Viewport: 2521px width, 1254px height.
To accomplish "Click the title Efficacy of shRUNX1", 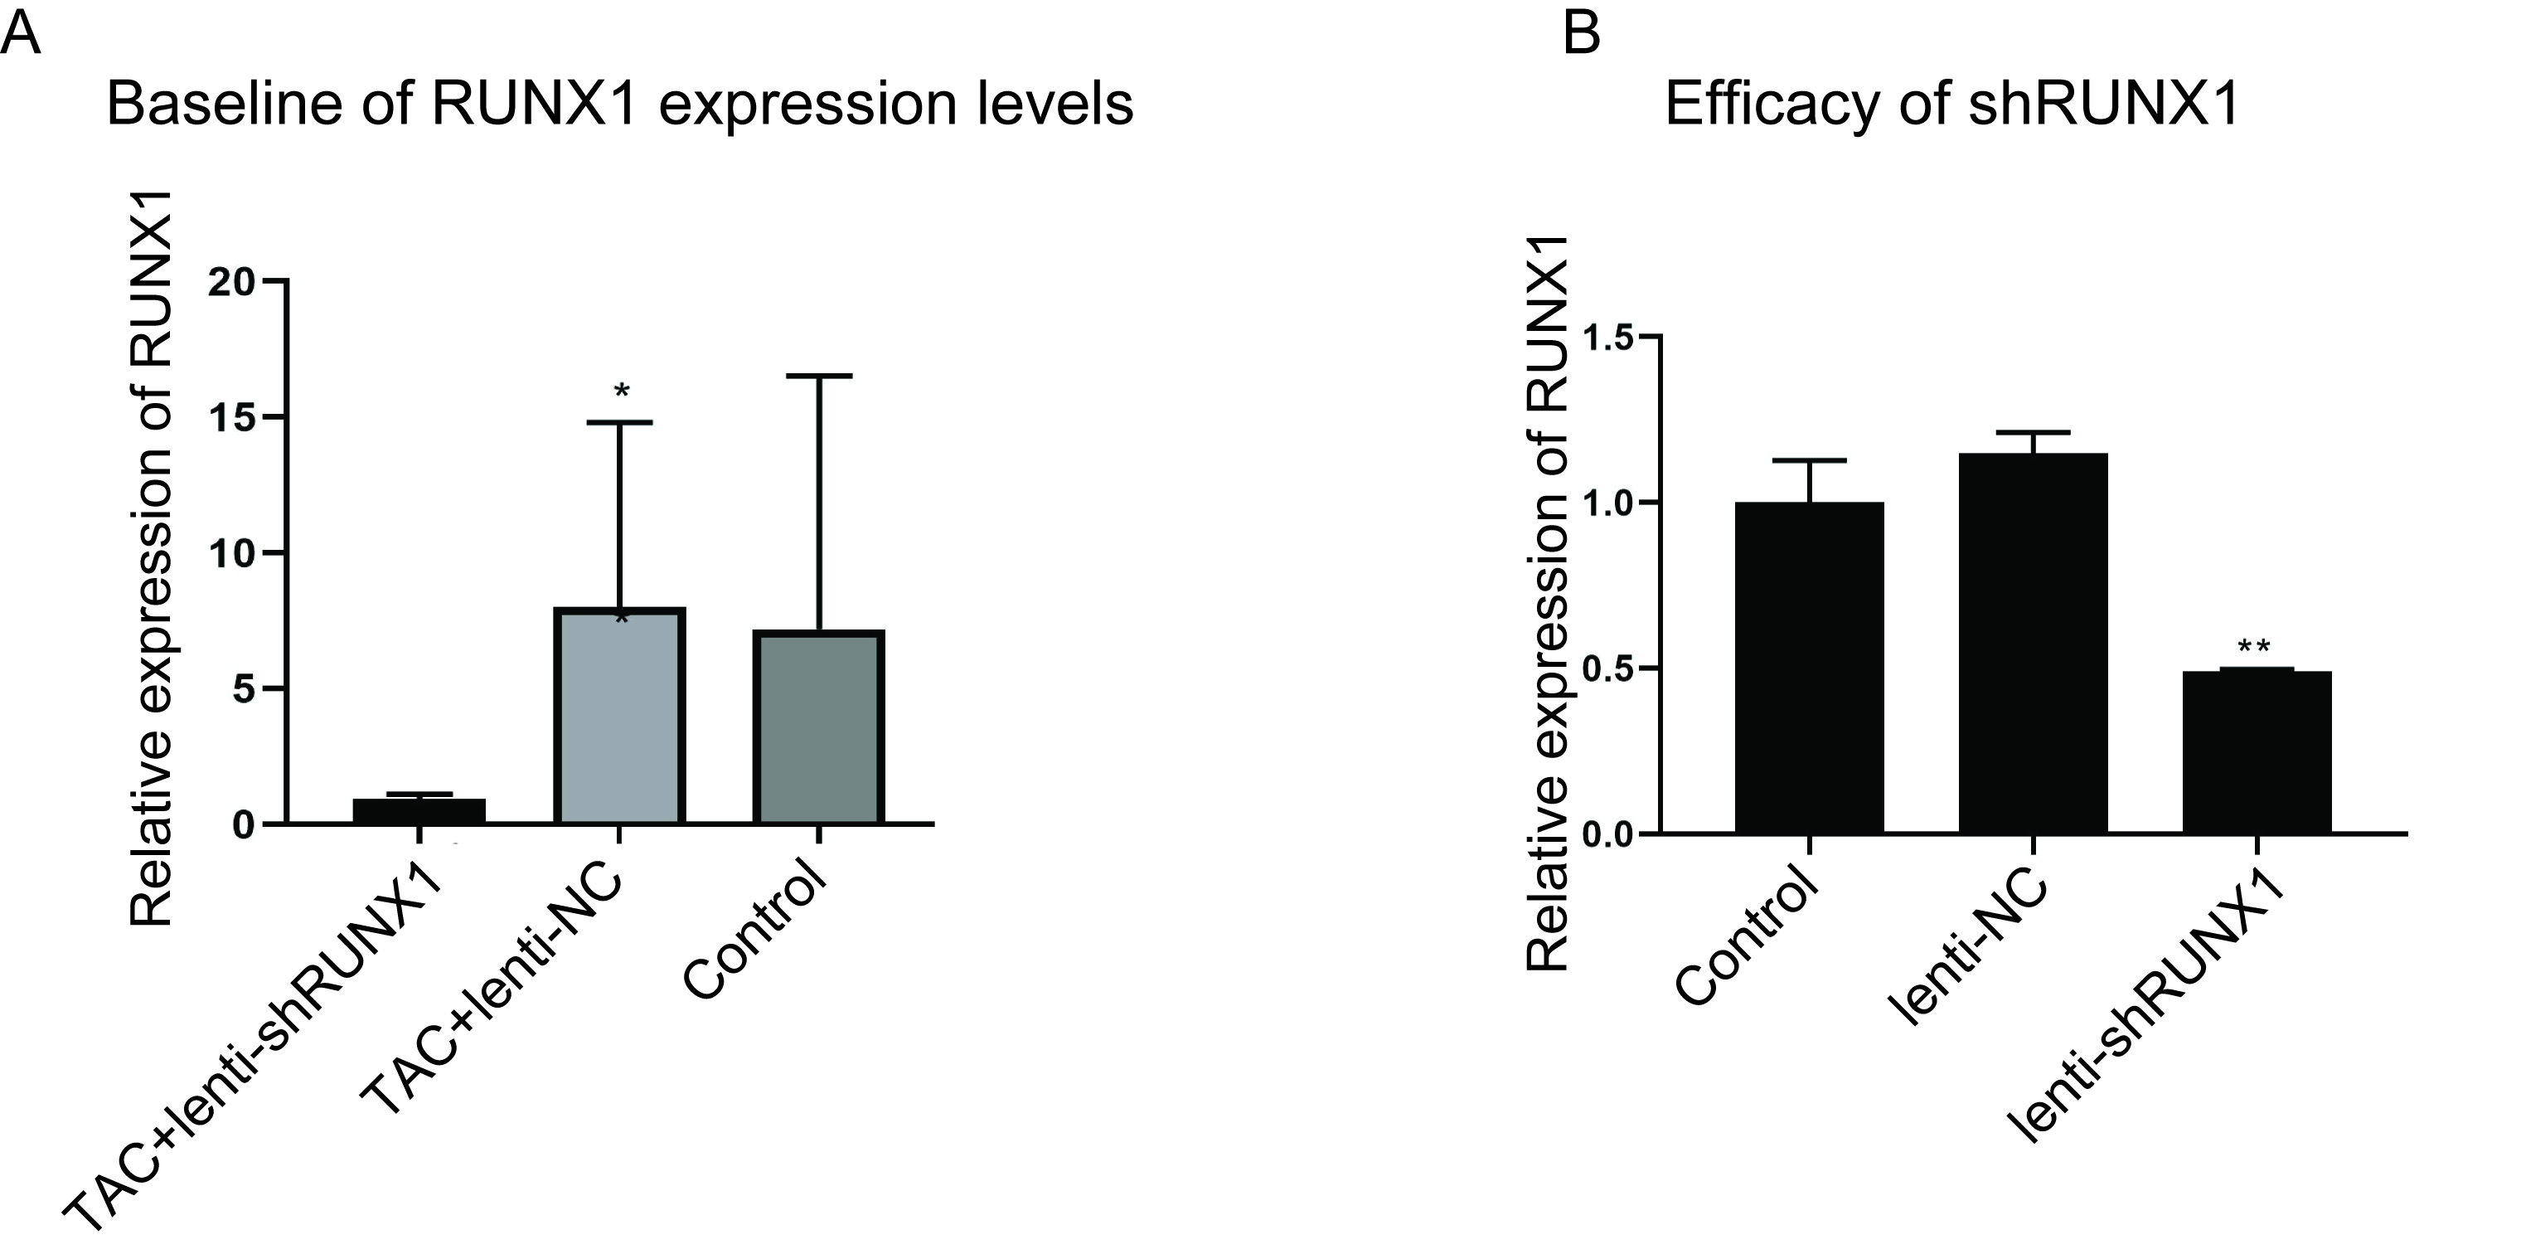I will point(1951,104).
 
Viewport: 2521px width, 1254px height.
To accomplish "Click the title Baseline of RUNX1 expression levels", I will point(618,104).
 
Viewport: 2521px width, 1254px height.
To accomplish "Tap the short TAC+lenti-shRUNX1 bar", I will point(419,810).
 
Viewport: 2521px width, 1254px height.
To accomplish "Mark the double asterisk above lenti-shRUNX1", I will point(2255,648).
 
